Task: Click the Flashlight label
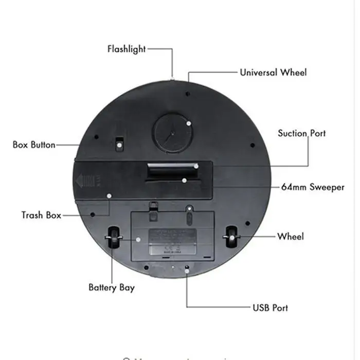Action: [127, 49]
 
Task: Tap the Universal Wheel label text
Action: [273, 73]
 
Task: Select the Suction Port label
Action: [302, 134]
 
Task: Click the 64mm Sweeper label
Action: [313, 187]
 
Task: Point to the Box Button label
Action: [34, 145]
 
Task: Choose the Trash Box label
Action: [41, 215]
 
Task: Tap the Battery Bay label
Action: [111, 287]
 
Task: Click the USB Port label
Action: [270, 308]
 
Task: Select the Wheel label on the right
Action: [291, 237]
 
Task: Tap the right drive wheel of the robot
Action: [231, 237]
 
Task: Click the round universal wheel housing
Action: [172, 132]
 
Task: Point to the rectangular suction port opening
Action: [171, 170]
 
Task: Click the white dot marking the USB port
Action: [186, 267]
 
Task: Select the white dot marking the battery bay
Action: [138, 239]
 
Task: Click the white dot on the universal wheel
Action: [189, 124]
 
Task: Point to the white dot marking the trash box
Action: [109, 196]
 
